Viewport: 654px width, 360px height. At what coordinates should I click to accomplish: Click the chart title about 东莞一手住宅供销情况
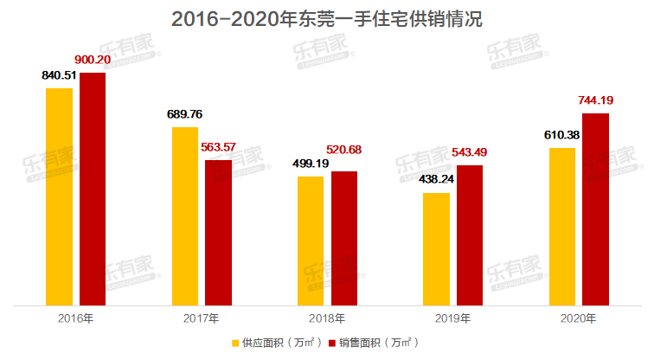click(x=327, y=19)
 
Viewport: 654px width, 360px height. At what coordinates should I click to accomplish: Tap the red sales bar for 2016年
click(x=93, y=189)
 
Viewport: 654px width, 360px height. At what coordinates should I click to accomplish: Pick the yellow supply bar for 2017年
click(x=185, y=215)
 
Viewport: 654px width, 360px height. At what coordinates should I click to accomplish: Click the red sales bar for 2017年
click(x=218, y=232)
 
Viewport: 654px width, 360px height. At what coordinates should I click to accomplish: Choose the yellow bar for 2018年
click(x=311, y=241)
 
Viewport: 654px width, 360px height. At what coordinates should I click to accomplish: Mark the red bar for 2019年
click(x=470, y=235)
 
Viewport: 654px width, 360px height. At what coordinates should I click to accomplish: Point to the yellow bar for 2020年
click(x=562, y=226)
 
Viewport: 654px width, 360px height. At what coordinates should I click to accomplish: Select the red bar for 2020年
click(x=595, y=209)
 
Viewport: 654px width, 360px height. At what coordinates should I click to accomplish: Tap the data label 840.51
click(x=60, y=75)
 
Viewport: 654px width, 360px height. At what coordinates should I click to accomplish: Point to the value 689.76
click(x=185, y=113)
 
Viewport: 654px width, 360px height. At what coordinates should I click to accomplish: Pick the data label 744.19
click(x=597, y=100)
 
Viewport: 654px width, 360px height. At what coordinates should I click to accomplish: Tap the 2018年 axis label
click(x=326, y=318)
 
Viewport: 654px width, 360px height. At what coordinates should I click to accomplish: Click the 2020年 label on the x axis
click(x=578, y=318)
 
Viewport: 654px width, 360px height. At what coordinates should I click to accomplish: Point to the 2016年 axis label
click(x=75, y=318)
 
